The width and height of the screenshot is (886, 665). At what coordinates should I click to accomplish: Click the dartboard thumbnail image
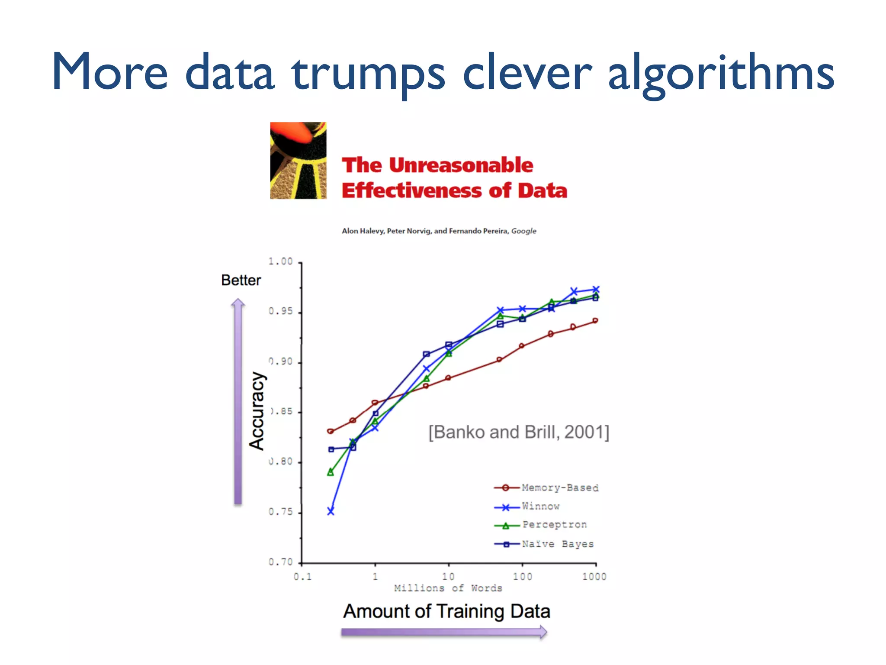[298, 161]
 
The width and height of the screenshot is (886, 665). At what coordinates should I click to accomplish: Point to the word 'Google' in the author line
[523, 231]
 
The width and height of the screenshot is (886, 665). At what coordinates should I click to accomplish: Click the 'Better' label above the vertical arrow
[241, 280]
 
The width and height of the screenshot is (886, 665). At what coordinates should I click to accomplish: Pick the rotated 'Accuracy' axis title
[257, 411]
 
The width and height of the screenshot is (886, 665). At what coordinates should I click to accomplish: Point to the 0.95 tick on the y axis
[281, 311]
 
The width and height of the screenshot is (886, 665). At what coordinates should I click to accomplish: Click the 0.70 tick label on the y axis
[281, 562]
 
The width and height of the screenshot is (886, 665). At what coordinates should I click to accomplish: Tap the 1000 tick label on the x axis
[594, 577]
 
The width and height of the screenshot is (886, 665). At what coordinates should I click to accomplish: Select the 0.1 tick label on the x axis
[302, 577]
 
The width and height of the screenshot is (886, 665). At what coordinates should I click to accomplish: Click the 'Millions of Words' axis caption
[448, 588]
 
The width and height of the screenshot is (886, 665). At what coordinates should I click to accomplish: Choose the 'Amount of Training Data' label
[446, 611]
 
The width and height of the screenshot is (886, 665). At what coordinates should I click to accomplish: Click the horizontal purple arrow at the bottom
[444, 633]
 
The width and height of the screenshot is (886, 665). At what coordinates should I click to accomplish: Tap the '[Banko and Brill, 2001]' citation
[519, 432]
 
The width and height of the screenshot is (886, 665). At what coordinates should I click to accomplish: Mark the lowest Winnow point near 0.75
[331, 511]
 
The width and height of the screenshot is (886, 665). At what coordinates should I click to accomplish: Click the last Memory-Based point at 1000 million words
[595, 321]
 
